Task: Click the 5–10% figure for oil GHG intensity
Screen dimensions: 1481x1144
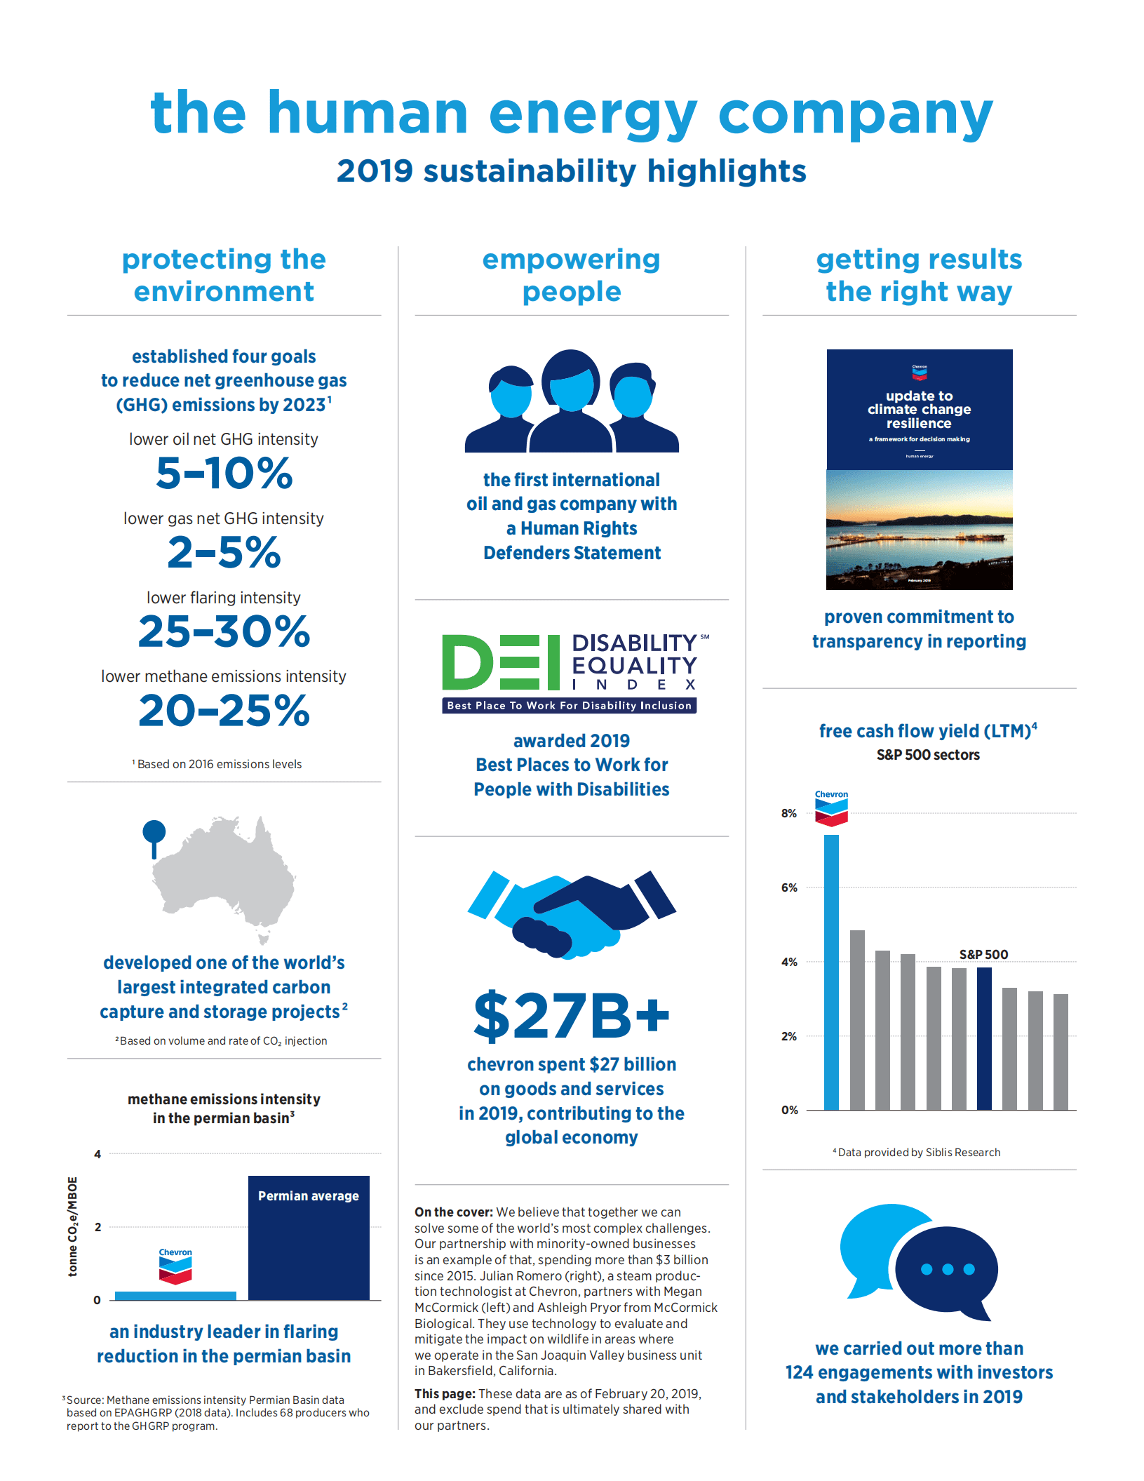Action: click(x=224, y=474)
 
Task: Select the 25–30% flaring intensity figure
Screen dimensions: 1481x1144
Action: click(x=224, y=631)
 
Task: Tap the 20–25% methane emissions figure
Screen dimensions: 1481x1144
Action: click(x=224, y=711)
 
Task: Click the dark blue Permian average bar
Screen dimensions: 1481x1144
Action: click(x=309, y=1238)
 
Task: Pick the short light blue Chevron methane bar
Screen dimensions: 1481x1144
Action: click(x=175, y=1296)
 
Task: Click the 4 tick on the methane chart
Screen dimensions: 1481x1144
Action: click(x=97, y=1154)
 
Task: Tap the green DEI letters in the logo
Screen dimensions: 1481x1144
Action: click(x=501, y=662)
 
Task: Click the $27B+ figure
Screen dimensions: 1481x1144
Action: click(x=572, y=1015)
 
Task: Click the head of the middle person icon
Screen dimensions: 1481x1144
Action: click(x=571, y=380)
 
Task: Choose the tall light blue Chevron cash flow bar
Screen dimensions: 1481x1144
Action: click(x=831, y=972)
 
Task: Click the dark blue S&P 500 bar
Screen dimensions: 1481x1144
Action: click(x=984, y=1038)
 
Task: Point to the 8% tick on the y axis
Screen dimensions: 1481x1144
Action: click(x=789, y=814)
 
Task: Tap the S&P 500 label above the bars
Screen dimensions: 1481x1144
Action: click(x=983, y=955)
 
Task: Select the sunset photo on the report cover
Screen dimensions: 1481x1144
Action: click(x=919, y=530)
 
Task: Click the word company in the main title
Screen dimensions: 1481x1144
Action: click(x=856, y=114)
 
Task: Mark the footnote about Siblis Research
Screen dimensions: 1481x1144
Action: click(x=917, y=1153)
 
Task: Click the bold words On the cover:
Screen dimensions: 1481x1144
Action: click(x=453, y=1212)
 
